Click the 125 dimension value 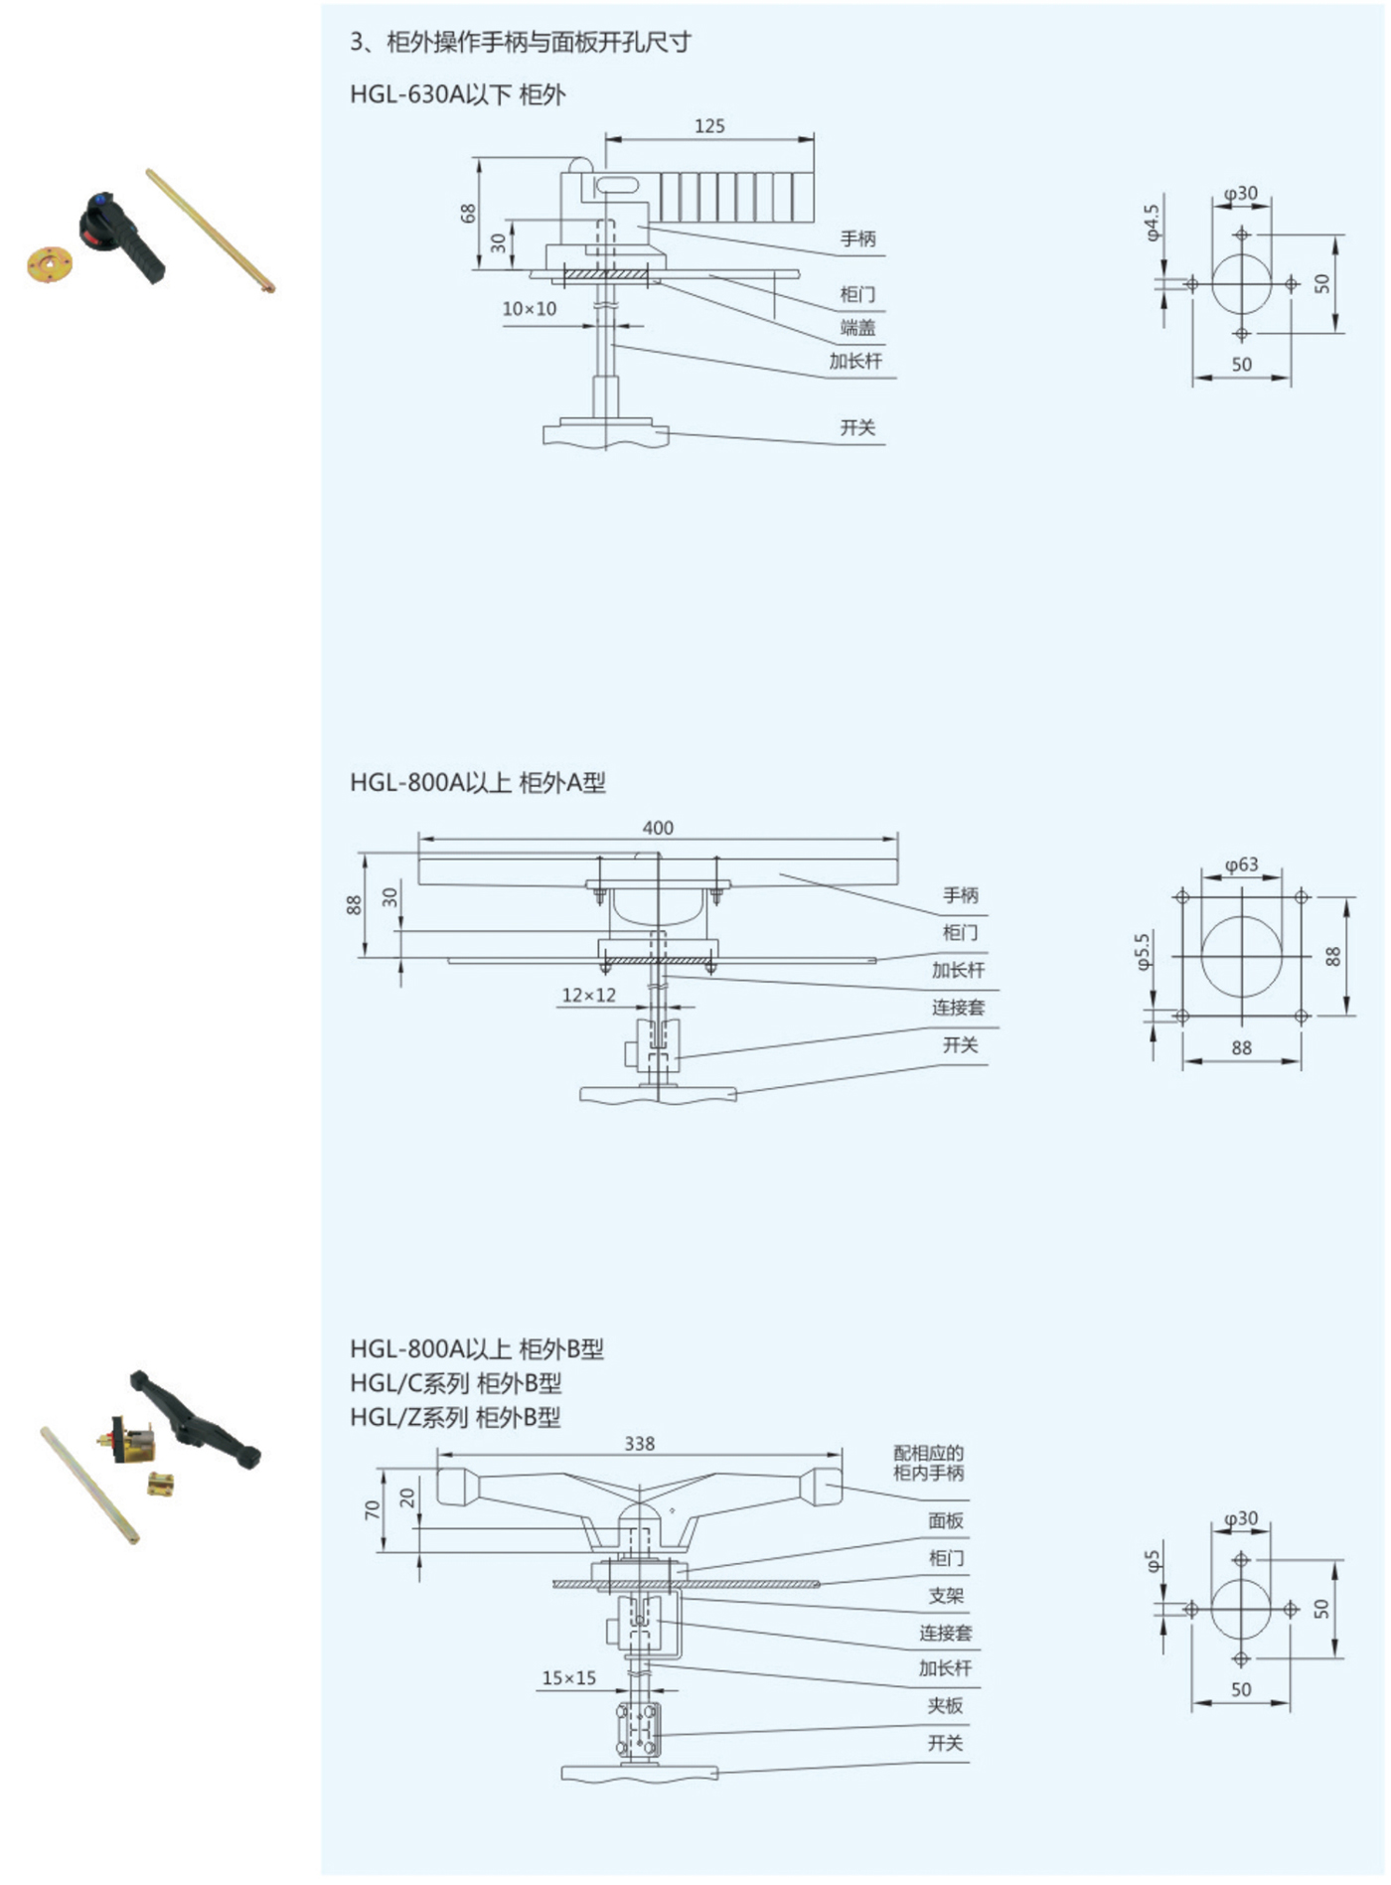click(709, 126)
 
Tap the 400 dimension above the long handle click(658, 828)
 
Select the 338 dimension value click(640, 1444)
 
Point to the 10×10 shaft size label click(529, 309)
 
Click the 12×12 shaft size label click(588, 995)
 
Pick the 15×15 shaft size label click(568, 1677)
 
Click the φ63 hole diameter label click(1241, 864)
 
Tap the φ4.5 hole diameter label click(1153, 223)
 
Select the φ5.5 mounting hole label click(1143, 951)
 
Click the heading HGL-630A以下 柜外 click(457, 95)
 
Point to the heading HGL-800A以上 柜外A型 click(477, 783)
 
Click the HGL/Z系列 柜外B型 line click(455, 1417)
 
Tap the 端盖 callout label click(857, 328)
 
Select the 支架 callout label click(946, 1595)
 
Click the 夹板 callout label click(945, 1705)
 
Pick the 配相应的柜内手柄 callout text click(928, 1463)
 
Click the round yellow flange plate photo click(50, 265)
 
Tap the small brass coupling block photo click(161, 1485)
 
